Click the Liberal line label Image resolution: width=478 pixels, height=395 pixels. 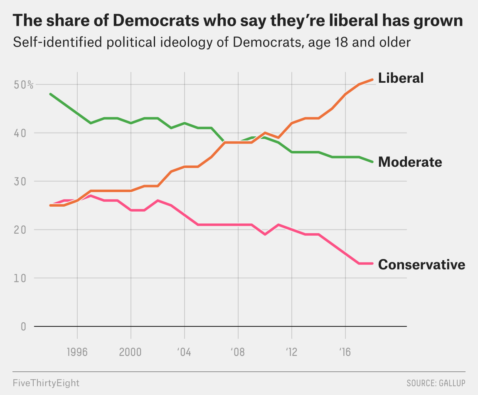click(401, 78)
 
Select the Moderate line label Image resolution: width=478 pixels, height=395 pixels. click(410, 162)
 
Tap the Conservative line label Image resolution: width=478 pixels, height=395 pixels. click(421, 264)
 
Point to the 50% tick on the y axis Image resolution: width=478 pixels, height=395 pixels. click(23, 85)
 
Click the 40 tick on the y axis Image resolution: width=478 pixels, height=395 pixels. click(20, 133)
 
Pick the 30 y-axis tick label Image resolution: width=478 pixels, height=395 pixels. click(20, 181)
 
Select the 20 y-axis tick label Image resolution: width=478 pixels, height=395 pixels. click(20, 230)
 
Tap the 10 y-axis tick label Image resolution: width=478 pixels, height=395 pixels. click(20, 278)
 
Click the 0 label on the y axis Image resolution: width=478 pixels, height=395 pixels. click(23, 326)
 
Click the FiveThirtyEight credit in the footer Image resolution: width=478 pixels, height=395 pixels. click(46, 383)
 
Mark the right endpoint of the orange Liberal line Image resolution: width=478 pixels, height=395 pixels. click(373, 79)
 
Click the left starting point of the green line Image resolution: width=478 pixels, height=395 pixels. click(50, 94)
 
